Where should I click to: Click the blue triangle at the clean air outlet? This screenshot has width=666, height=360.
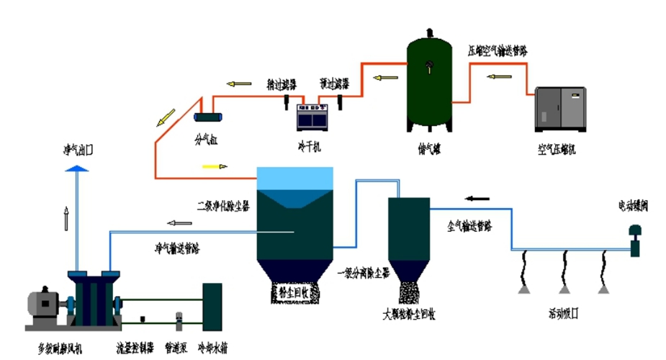[76, 167]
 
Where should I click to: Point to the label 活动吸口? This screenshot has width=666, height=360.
[564, 314]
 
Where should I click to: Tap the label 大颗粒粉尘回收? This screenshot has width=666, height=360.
[410, 314]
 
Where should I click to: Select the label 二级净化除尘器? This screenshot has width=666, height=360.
[224, 204]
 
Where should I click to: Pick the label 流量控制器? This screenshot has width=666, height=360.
[135, 348]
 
